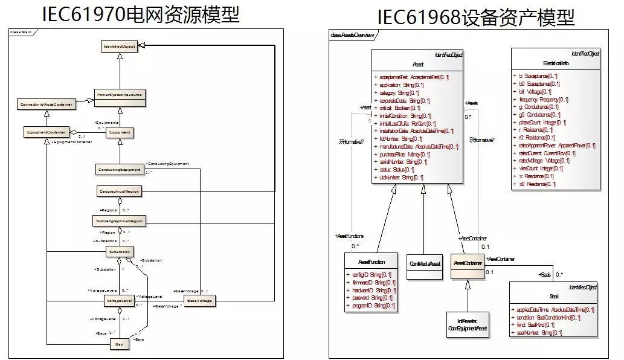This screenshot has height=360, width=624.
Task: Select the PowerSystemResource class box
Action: click(120, 95)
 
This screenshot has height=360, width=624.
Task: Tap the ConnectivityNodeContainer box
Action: click(47, 104)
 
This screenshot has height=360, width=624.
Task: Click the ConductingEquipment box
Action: click(120, 170)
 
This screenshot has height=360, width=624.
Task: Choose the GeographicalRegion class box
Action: click(120, 191)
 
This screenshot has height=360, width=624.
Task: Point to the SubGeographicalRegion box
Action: click(120, 222)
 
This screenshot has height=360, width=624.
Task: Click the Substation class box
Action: click(119, 251)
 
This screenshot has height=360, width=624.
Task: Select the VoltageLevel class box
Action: click(119, 300)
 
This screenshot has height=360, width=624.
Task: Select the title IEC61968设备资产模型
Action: click(476, 16)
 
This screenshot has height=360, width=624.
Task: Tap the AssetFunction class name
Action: click(370, 263)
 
